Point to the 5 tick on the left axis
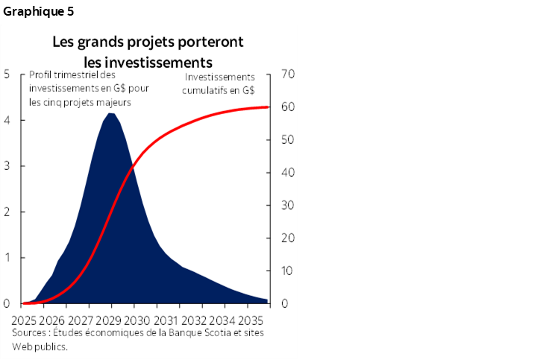pyautogui.click(x=6, y=74)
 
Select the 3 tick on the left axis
pyautogui.click(x=6, y=165)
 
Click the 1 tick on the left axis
pyautogui.click(x=6, y=258)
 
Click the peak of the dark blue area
pyautogui.click(x=111, y=113)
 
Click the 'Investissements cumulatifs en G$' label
pyautogui.click(x=219, y=83)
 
